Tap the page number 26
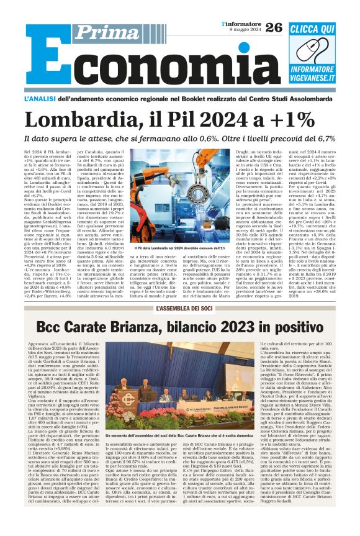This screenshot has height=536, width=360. (273, 27)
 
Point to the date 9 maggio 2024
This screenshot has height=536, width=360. (244, 31)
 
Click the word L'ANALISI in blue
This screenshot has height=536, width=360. (40, 99)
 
